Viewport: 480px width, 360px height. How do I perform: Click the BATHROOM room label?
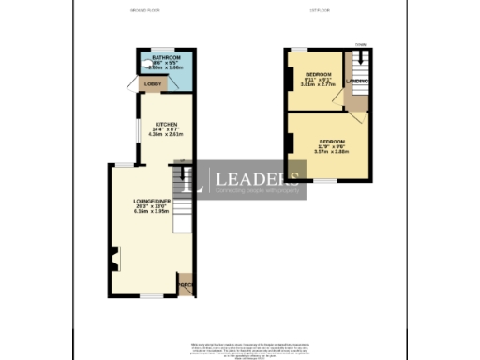pos(158,57)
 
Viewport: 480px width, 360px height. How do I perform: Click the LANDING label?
pos(357,82)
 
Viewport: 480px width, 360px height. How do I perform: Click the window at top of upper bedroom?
pos(299,48)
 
